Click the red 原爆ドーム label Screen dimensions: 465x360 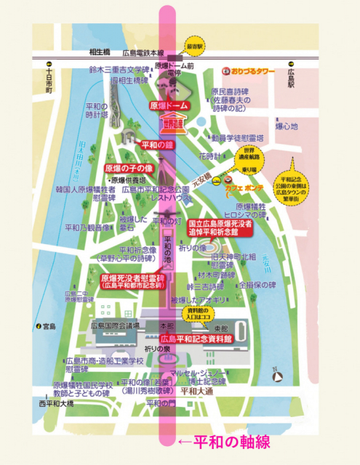169,106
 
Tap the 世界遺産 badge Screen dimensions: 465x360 174,124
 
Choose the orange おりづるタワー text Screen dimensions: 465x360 251,71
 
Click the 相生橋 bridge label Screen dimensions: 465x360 100,54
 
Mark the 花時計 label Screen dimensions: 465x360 209,156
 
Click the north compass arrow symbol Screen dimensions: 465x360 277,376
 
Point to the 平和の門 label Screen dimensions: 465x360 161,404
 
